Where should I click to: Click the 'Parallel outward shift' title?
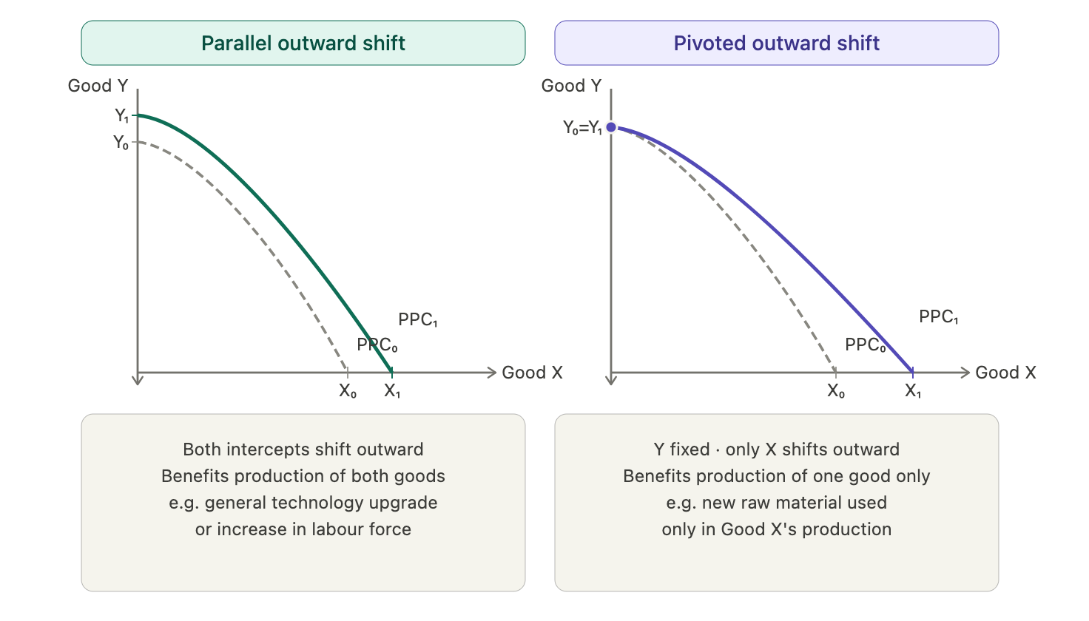(x=303, y=43)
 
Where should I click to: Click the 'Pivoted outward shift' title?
(x=776, y=43)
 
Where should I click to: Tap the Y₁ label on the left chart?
(x=121, y=115)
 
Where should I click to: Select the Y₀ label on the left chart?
(x=121, y=143)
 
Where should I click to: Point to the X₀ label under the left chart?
(x=348, y=390)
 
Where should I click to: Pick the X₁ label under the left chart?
(x=392, y=390)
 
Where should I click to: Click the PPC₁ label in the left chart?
(x=417, y=319)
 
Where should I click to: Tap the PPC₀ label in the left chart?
(x=377, y=345)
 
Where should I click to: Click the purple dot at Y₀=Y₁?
(x=611, y=127)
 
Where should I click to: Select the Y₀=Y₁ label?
(x=582, y=128)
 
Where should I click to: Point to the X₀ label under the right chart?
(x=836, y=390)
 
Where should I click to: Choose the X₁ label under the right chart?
(x=912, y=390)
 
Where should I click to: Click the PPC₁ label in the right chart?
(x=938, y=317)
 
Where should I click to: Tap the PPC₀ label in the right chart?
(x=866, y=345)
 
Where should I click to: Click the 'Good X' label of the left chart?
(x=532, y=373)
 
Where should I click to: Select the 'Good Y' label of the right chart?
(x=571, y=86)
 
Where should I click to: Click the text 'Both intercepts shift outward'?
(x=303, y=449)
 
